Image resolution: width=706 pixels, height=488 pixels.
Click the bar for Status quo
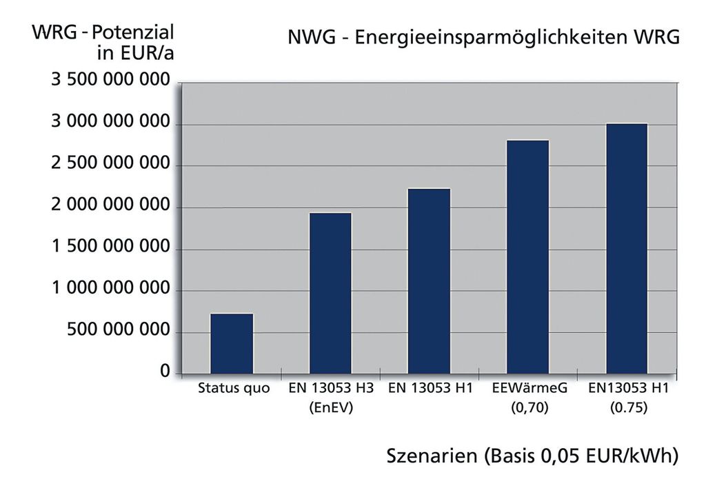click(x=232, y=343)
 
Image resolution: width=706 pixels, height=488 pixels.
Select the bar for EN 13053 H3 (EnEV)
click(x=330, y=293)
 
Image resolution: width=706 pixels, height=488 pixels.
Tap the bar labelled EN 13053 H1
click(x=430, y=281)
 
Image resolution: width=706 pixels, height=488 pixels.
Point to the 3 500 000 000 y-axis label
click(x=110, y=81)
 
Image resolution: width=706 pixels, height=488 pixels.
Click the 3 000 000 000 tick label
click(x=110, y=123)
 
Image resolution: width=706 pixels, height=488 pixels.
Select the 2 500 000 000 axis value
click(x=110, y=164)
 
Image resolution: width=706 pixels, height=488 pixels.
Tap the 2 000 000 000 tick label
click(x=110, y=205)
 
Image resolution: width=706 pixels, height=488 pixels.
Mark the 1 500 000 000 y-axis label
click(x=110, y=247)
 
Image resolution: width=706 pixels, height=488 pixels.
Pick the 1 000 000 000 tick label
click(x=110, y=289)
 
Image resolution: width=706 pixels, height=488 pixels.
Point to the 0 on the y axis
click(x=165, y=372)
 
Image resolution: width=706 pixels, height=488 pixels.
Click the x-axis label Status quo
click(x=234, y=389)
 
